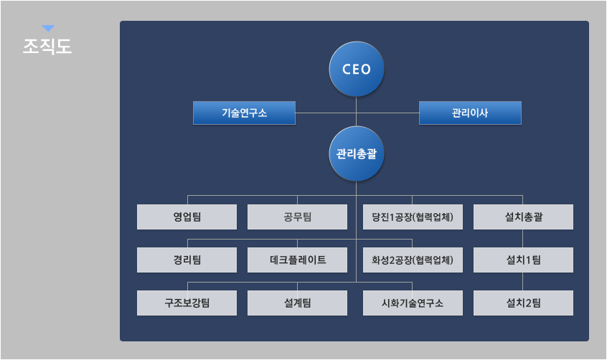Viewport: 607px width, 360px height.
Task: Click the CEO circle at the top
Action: tap(357, 69)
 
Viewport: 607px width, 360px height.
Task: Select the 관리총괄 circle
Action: tap(357, 153)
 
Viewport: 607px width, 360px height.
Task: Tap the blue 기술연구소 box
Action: tap(244, 113)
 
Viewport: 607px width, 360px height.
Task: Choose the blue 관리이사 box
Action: tap(470, 113)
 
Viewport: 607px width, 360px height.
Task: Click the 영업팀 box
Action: tap(187, 217)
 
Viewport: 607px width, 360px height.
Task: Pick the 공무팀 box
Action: tap(297, 217)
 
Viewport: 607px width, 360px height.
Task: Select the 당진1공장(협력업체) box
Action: tap(413, 217)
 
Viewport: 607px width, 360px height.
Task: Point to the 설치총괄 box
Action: tap(523, 217)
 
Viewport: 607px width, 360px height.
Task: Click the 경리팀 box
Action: tap(187, 260)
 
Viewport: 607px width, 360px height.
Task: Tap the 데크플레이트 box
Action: tap(297, 260)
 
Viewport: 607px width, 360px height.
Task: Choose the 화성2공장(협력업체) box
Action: tap(413, 260)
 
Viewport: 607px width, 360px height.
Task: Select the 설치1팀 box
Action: tap(523, 260)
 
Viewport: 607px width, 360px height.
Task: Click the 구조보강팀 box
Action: tap(187, 303)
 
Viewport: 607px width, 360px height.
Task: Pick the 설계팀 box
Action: tap(297, 303)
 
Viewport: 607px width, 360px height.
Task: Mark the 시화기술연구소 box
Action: tap(413, 303)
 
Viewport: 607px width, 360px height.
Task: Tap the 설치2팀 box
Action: tap(523, 303)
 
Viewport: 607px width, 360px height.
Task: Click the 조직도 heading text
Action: tap(47, 46)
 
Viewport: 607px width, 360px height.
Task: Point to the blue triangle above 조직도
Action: tap(48, 28)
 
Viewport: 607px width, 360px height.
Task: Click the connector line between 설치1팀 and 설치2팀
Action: tap(523, 281)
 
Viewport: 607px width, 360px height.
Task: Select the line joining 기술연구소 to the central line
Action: tap(326, 113)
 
